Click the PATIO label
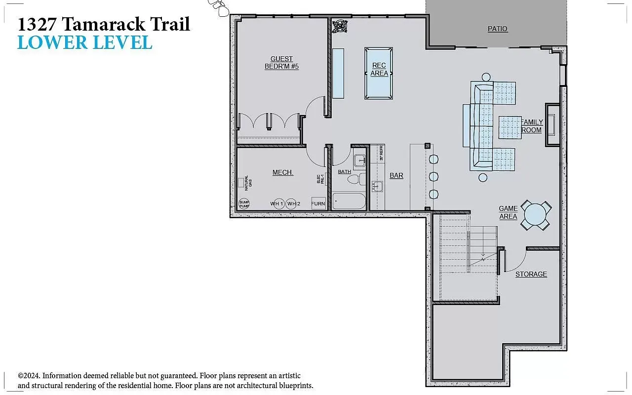click(x=497, y=29)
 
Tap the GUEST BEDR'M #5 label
click(x=281, y=63)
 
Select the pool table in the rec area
click(x=379, y=73)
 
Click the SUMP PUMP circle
click(x=244, y=204)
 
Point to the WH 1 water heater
click(x=277, y=204)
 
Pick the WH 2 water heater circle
click(x=294, y=204)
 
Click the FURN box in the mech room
click(x=318, y=203)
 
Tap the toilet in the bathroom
click(x=355, y=179)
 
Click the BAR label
click(x=396, y=175)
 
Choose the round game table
click(x=536, y=215)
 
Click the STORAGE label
click(x=531, y=274)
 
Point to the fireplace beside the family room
click(x=552, y=125)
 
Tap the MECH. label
click(x=282, y=172)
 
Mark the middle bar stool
click(x=434, y=177)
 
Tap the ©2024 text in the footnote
click(x=29, y=376)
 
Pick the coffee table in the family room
click(x=510, y=127)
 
